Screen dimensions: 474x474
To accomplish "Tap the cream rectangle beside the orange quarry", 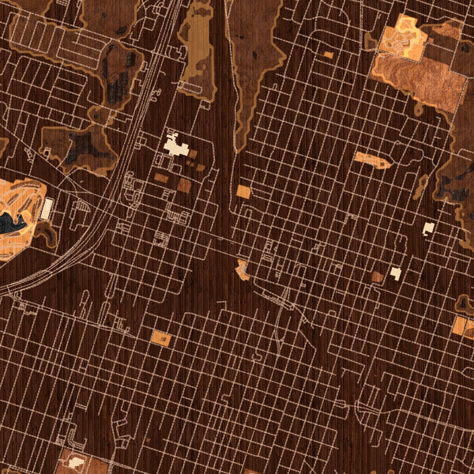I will pyautogui.click(x=47, y=209).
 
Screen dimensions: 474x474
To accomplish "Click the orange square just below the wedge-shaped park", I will pyautogui.click(x=243, y=191).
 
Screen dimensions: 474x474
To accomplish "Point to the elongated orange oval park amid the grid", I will pyautogui.click(x=371, y=160).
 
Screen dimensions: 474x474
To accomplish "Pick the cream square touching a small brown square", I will pyautogui.click(x=396, y=273).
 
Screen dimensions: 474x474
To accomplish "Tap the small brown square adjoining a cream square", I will pyautogui.click(x=378, y=276).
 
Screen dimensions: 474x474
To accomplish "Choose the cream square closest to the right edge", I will pyautogui.click(x=428, y=228).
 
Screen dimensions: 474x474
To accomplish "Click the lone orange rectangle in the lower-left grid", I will pyautogui.click(x=160, y=339).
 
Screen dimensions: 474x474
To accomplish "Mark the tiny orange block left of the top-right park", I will pyautogui.click(x=328, y=55).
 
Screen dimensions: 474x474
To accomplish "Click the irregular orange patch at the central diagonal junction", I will pyautogui.click(x=242, y=270).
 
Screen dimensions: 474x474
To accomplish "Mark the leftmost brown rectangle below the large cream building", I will pyautogui.click(x=161, y=179).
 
